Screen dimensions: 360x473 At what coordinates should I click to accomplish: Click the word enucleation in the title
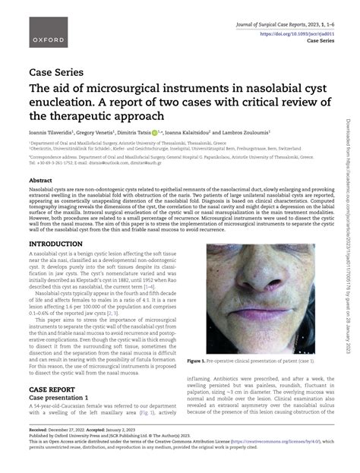62,102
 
